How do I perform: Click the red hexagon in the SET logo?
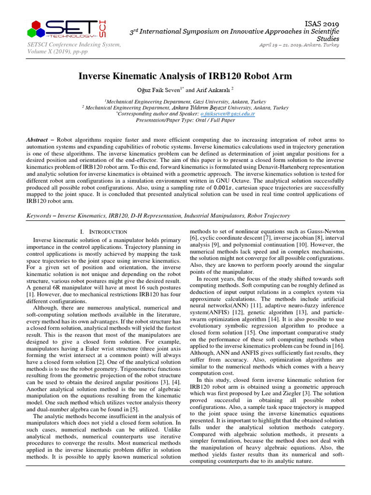coord(36,25)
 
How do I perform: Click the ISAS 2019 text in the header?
coord(322,24)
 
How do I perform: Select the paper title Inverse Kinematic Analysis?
coord(185,76)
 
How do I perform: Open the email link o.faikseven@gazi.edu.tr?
coord(228,114)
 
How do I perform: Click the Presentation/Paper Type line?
coord(185,119)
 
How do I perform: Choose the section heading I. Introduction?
coord(103,232)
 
